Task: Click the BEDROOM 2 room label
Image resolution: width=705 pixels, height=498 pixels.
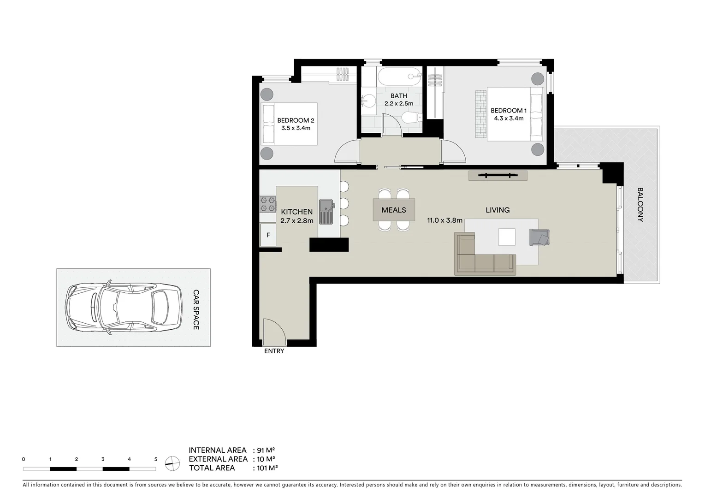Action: point(296,120)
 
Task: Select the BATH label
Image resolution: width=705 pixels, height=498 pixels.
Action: point(399,96)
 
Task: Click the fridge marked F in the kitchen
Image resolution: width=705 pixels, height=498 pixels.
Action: point(268,235)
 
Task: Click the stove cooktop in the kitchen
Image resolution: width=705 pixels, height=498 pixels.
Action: point(267,204)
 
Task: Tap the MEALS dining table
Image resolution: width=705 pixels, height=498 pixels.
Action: point(394,210)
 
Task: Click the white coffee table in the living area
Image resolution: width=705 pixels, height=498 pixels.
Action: point(507,237)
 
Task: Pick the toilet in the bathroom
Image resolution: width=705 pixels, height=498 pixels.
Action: point(410,118)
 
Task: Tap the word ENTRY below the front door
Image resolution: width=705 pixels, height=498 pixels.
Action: point(274,351)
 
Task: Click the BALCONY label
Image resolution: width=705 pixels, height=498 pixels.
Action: point(640,204)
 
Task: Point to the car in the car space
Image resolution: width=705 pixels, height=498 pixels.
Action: point(124,308)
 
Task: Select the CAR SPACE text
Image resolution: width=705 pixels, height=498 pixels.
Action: point(196,309)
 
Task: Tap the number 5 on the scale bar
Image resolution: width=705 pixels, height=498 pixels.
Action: point(156,459)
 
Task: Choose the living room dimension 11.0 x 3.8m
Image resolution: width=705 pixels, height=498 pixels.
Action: point(444,220)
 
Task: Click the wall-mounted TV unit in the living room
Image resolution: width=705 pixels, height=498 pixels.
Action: point(498,175)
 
